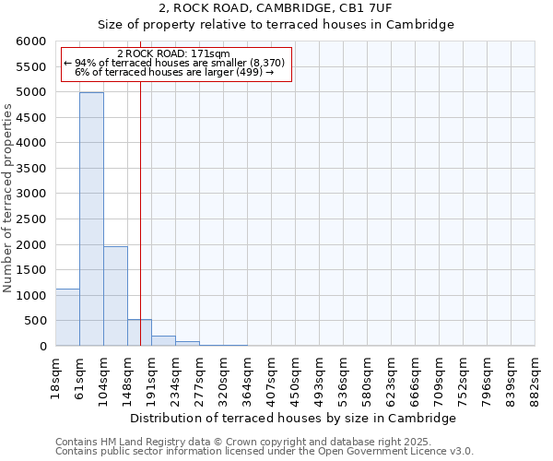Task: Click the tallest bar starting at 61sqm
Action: (91, 219)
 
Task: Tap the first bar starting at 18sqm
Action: (67, 317)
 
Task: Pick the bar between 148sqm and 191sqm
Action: (139, 333)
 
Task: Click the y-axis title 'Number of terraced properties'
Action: (8, 198)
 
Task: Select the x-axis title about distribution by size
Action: (294, 419)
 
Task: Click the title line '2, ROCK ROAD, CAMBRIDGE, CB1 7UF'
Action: (276, 8)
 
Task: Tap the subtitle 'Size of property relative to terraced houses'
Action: (276, 25)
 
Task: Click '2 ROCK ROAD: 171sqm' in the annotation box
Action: (174, 53)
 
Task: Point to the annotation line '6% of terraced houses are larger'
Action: (174, 72)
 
